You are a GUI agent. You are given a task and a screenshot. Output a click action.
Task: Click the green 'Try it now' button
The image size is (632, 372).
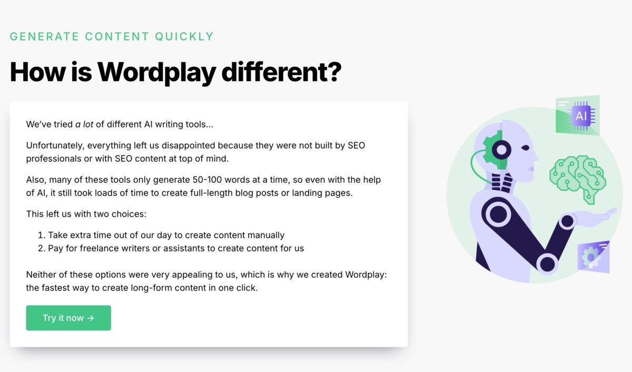tap(68, 318)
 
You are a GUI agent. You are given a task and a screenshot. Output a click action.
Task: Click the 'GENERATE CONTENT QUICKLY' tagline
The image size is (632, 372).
tap(112, 36)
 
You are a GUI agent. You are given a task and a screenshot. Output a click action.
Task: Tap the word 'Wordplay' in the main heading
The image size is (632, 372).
tap(156, 72)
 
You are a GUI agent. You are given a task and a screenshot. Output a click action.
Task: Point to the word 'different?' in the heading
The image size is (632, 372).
tap(281, 72)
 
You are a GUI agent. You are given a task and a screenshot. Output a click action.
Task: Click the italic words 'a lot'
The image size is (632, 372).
tap(84, 125)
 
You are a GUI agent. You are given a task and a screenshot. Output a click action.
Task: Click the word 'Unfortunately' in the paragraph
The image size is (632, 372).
tap(55, 145)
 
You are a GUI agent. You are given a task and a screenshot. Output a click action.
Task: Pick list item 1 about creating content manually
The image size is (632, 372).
tap(166, 235)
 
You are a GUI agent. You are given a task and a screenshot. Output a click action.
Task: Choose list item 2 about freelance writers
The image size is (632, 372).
tap(176, 248)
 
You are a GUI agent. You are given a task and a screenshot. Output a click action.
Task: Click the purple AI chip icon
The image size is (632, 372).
tap(581, 115)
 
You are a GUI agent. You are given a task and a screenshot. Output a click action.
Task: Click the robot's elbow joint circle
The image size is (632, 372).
tap(548, 263)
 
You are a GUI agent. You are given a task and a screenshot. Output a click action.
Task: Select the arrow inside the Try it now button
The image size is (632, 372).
tap(91, 318)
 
